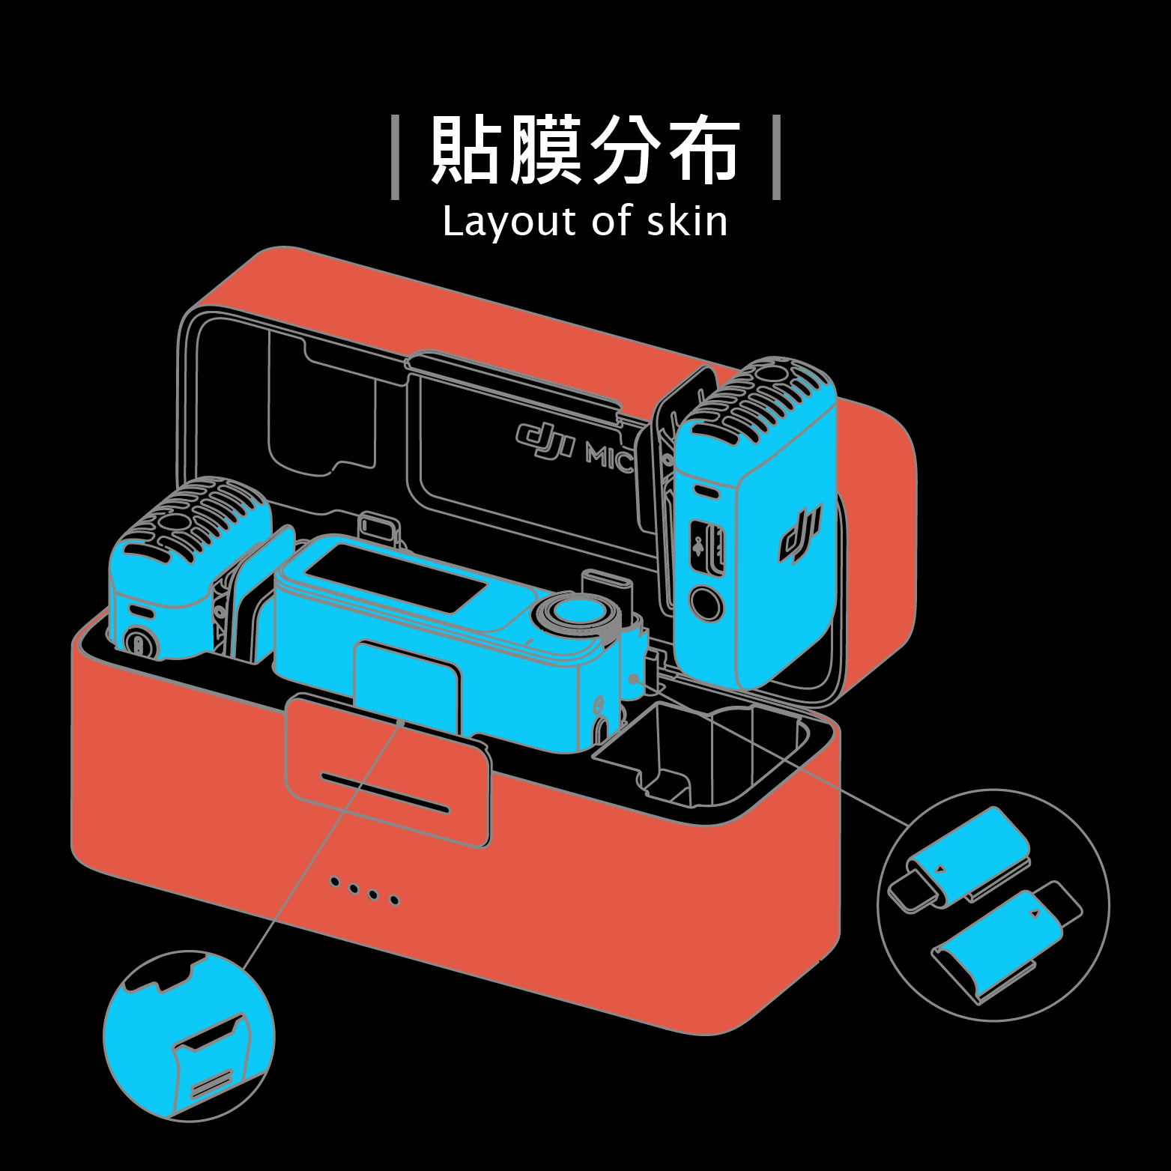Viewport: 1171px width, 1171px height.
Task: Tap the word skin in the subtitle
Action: click(x=686, y=222)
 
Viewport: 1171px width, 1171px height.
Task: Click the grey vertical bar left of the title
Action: click(x=396, y=157)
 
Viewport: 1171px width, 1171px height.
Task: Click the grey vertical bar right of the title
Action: click(x=776, y=157)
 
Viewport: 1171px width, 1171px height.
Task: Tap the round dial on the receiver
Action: click(x=574, y=612)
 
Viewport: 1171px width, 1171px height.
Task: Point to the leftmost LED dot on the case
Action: click(x=336, y=881)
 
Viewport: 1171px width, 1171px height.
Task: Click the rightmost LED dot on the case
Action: click(x=395, y=900)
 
